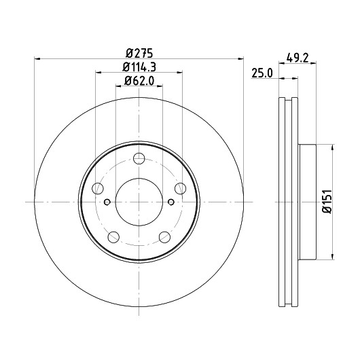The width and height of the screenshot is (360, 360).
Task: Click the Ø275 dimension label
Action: [139, 54]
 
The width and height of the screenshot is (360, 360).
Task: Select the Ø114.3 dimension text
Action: [139, 67]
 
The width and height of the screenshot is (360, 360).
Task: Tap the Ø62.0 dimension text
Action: [139, 81]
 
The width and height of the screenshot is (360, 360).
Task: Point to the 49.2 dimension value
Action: [298, 58]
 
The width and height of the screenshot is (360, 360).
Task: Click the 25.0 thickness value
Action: [262, 73]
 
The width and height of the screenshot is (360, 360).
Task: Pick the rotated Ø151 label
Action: [327, 201]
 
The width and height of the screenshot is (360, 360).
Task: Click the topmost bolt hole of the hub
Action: [139, 158]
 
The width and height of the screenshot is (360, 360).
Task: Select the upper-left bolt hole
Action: [98, 189]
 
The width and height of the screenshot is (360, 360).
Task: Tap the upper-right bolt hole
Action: [181, 189]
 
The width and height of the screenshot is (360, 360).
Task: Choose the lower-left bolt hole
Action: [113, 237]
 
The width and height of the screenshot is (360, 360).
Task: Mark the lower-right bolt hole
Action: [164, 237]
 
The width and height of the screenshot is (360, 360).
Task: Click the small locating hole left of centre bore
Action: [107, 202]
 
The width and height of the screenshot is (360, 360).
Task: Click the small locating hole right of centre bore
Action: [171, 202]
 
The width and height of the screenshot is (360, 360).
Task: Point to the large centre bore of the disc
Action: [139, 202]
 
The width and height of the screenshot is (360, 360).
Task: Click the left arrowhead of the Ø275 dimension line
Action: [37, 59]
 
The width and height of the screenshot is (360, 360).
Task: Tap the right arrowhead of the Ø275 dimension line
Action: [240, 59]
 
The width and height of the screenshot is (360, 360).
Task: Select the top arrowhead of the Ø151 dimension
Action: [332, 147]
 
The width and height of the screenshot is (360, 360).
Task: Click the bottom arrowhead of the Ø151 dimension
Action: [332, 257]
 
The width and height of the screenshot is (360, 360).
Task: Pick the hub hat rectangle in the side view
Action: [308, 202]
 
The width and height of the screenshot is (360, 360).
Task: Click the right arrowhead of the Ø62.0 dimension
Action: [160, 86]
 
